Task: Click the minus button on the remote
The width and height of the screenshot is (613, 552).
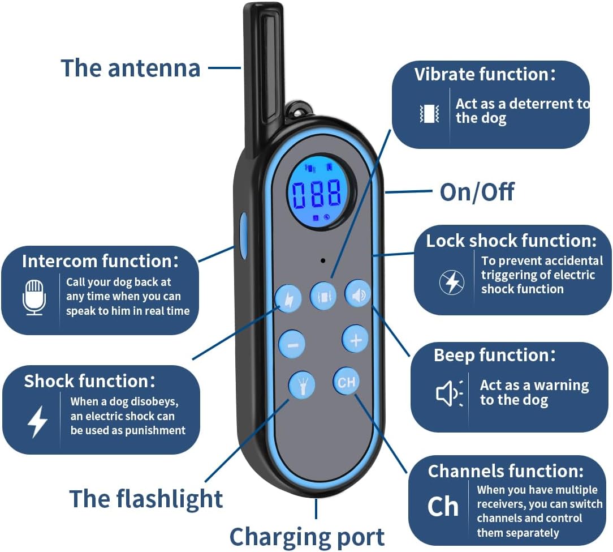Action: pos(292,344)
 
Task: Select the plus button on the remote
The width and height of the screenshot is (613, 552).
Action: pos(355,340)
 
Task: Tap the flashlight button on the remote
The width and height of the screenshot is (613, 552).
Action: pos(302,385)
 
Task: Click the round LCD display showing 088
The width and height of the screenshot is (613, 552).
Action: pos(317,192)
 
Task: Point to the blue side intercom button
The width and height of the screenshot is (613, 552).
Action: pos(244,234)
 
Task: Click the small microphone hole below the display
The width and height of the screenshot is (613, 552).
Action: pos(322,261)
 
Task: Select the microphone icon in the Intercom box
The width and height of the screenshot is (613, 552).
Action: pos(34,296)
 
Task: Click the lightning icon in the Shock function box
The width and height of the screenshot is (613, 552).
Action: pos(37,422)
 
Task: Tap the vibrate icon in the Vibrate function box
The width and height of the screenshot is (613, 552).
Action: pos(429,113)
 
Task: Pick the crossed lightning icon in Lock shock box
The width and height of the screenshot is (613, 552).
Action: pos(452,282)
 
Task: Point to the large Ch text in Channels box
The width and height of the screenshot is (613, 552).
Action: pos(443,507)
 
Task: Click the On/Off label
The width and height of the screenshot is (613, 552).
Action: pos(477,192)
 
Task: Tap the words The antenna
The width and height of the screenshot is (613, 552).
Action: pos(131,68)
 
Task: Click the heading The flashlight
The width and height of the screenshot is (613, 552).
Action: pos(146,499)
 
